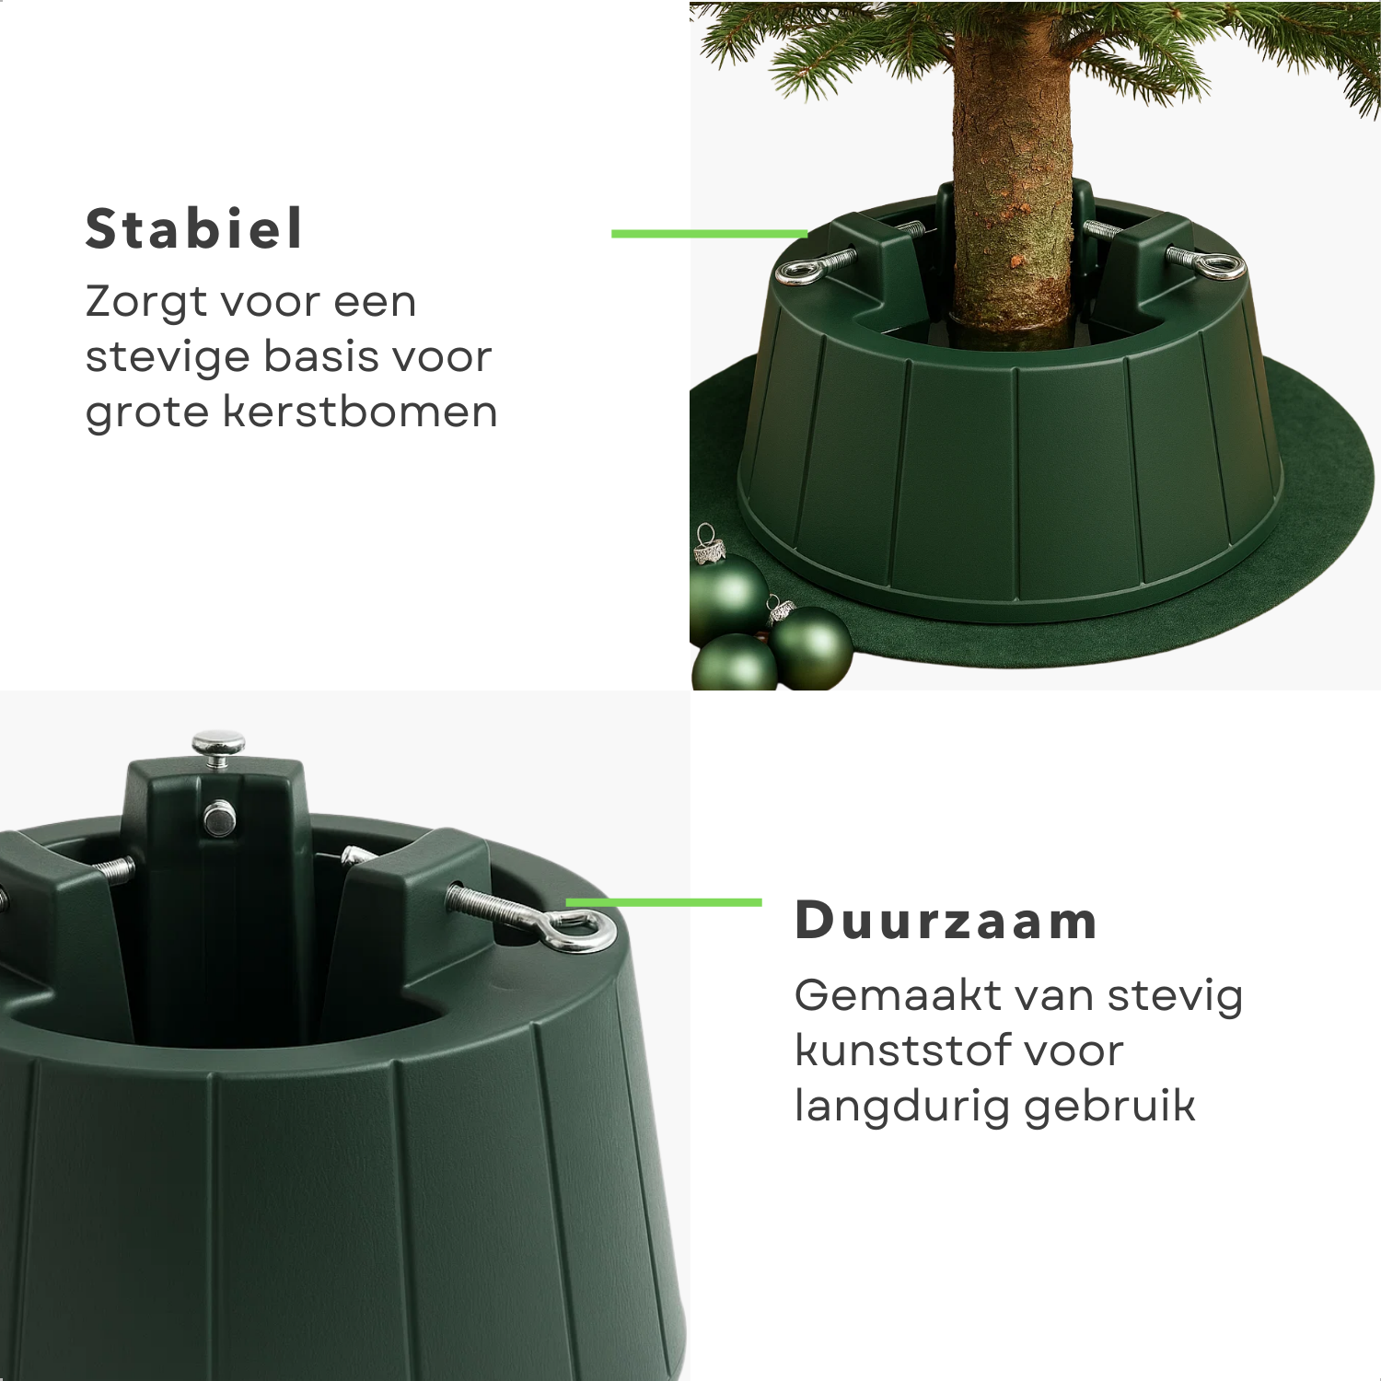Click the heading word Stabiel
click(193, 228)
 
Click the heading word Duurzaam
click(946, 920)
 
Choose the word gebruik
click(1109, 1108)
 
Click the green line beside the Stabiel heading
click(709, 234)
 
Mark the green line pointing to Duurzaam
click(664, 902)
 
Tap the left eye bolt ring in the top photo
click(797, 271)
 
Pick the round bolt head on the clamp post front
click(220, 818)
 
